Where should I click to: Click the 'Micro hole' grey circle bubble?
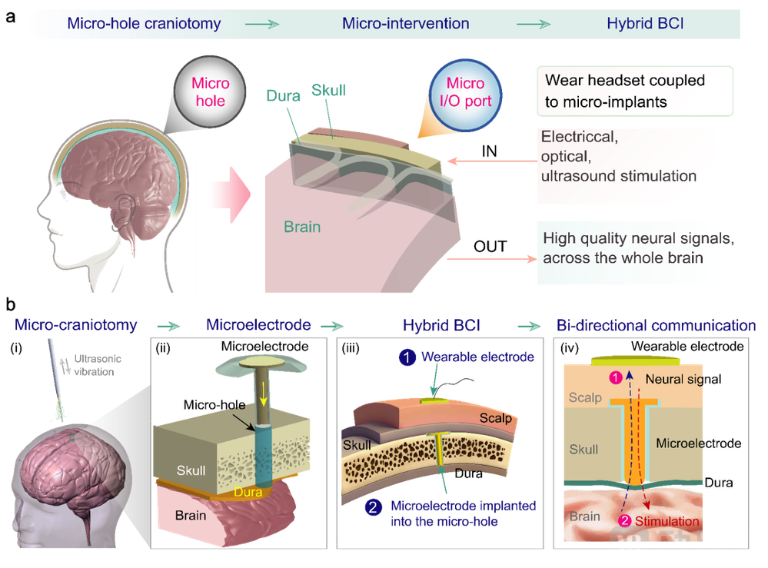(210, 92)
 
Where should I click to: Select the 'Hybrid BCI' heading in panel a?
(645, 24)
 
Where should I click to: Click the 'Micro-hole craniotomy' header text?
(144, 24)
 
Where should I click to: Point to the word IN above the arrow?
(489, 151)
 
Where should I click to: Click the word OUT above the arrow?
(490, 246)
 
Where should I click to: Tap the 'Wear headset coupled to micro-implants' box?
(635, 91)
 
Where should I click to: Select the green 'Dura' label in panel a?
(283, 95)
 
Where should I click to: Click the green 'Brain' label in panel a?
(302, 227)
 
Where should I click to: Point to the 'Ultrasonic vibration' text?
(94, 365)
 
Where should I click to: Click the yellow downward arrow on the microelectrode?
(264, 394)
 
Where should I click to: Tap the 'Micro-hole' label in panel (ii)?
(214, 405)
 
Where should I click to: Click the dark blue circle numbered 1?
(407, 357)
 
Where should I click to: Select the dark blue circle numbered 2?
(373, 507)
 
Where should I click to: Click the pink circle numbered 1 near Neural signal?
(615, 377)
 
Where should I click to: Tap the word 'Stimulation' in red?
(667, 521)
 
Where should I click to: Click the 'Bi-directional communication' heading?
(656, 325)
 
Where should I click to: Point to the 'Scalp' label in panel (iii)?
(495, 417)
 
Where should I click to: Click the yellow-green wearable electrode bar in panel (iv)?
(635, 361)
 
